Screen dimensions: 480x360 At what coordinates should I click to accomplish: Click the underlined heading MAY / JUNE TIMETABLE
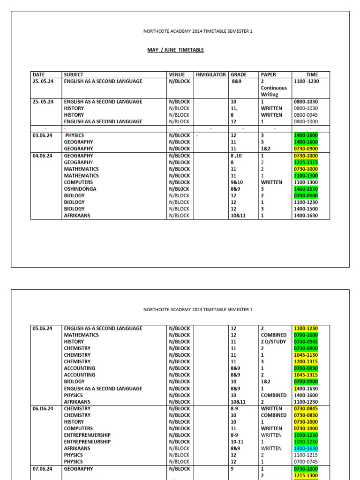pyautogui.click(x=175, y=50)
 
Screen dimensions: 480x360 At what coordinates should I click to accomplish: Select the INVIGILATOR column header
pyautogui.click(x=210, y=75)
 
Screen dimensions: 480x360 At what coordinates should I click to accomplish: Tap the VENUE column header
pyautogui.click(x=177, y=75)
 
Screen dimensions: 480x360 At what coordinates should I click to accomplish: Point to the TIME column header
pyautogui.click(x=312, y=75)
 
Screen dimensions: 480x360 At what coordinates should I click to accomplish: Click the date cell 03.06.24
pyautogui.click(x=43, y=135)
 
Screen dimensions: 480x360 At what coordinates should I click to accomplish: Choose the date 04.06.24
pyautogui.click(x=43, y=156)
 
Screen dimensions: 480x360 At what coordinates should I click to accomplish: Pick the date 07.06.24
pyautogui.click(x=43, y=469)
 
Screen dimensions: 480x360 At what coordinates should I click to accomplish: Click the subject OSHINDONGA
pyautogui.click(x=81, y=189)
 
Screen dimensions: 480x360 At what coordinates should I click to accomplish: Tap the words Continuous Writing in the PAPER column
pyautogui.click(x=274, y=91)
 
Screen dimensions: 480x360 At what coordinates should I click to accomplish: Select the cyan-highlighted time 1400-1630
pyautogui.click(x=306, y=449)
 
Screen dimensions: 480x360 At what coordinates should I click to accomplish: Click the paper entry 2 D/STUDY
pyautogui.click(x=274, y=342)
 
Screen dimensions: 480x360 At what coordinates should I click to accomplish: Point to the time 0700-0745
pyautogui.click(x=306, y=462)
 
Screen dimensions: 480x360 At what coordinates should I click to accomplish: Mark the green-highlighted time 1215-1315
pyautogui.click(x=306, y=162)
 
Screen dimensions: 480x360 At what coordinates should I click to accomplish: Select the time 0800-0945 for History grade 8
pyautogui.click(x=306, y=115)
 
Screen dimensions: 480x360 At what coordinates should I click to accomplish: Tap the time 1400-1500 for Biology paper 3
pyautogui.click(x=306, y=209)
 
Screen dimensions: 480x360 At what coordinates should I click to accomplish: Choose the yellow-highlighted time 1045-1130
pyautogui.click(x=306, y=355)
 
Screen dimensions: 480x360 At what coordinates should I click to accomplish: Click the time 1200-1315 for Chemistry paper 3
pyautogui.click(x=306, y=362)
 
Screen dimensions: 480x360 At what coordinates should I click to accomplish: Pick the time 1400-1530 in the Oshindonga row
pyautogui.click(x=306, y=189)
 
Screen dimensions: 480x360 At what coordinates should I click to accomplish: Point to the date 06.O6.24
pyautogui.click(x=43, y=409)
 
